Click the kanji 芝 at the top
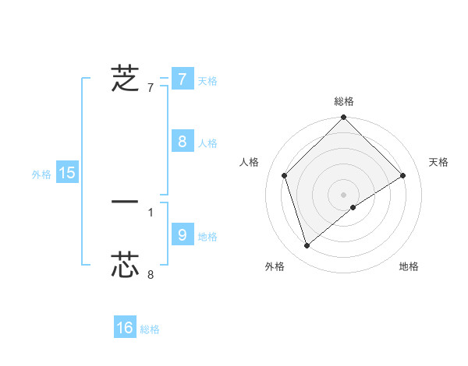click(x=126, y=79)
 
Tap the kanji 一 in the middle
click(x=126, y=202)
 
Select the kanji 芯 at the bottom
click(x=126, y=264)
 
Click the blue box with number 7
click(x=182, y=79)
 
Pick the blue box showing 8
click(x=182, y=141)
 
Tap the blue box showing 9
click(x=182, y=234)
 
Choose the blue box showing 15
click(x=67, y=173)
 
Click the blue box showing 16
click(x=125, y=328)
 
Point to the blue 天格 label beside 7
click(x=207, y=80)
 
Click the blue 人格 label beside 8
click(x=207, y=143)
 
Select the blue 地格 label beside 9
click(x=207, y=236)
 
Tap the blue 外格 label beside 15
click(x=41, y=174)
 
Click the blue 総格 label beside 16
click(x=150, y=329)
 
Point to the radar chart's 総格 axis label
click(x=344, y=101)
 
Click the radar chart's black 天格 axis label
click(x=439, y=162)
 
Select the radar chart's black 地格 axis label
click(x=409, y=266)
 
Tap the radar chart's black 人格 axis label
click(x=250, y=162)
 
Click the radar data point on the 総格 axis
click(x=344, y=118)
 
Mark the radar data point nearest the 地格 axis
click(x=353, y=207)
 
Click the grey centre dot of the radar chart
click(x=344, y=194)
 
